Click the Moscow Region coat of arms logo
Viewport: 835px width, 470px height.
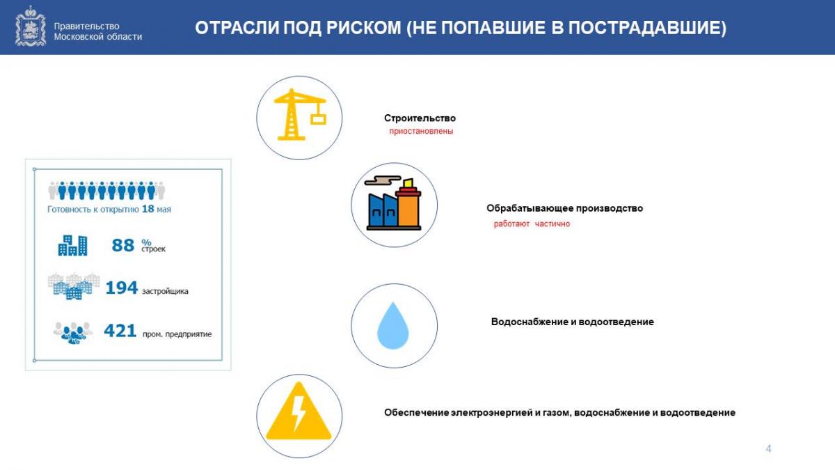[x=31, y=26]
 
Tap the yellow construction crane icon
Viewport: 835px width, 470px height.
[x=300, y=114]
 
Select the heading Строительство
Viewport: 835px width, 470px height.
[x=420, y=118]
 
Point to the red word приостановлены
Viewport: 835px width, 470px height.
[x=421, y=132]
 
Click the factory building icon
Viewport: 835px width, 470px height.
[x=394, y=203]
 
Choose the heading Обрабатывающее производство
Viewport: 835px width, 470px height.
[x=564, y=208]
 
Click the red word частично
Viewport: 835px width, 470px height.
[x=552, y=224]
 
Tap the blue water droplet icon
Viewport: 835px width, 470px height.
[x=393, y=325]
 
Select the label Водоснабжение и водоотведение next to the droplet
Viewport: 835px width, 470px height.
[x=572, y=322]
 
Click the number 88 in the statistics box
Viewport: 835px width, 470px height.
[x=122, y=245]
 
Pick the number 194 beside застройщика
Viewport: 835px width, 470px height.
[x=122, y=288]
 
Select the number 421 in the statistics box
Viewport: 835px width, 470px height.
[x=120, y=331]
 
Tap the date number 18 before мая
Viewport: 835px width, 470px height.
[x=148, y=209]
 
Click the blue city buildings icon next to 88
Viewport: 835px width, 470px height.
[x=72, y=245]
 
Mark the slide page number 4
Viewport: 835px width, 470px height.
[x=768, y=448]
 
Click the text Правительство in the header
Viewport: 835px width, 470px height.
[x=86, y=26]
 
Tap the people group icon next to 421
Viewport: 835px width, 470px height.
[x=73, y=332]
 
